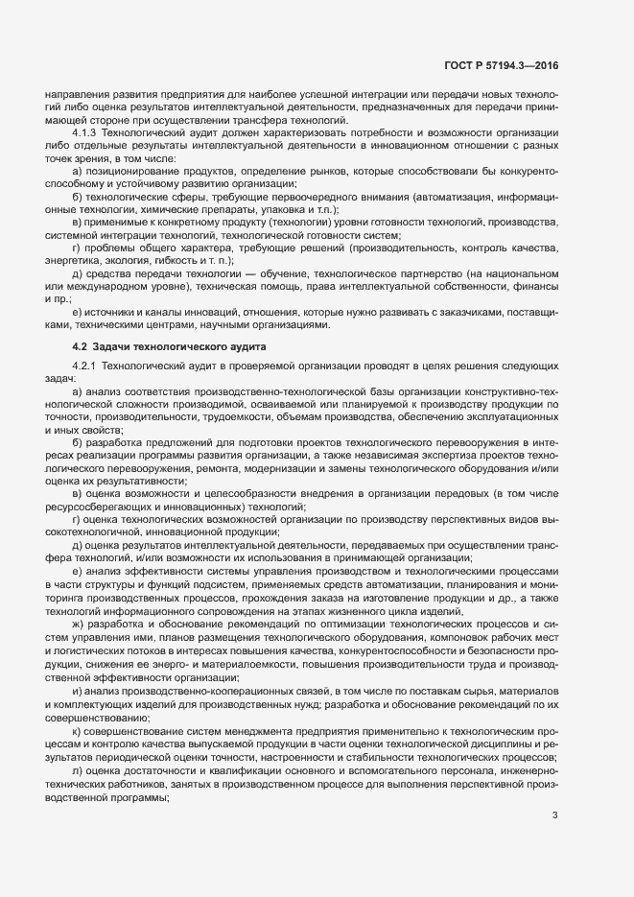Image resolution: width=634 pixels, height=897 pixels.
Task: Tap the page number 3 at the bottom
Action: point(554,816)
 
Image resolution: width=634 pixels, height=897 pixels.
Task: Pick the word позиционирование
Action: point(128,171)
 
